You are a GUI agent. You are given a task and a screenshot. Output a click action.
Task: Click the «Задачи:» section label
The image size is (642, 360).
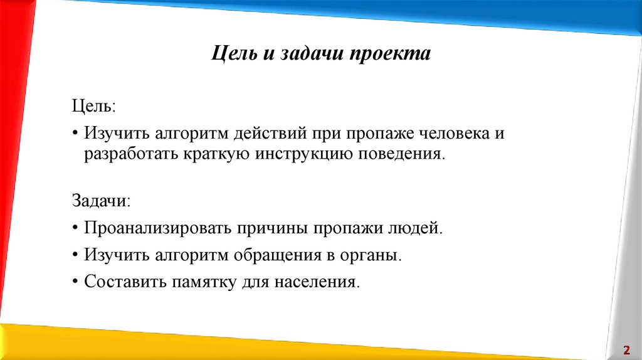pos(101,201)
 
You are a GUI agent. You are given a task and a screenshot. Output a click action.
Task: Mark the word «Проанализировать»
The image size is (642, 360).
pos(157,228)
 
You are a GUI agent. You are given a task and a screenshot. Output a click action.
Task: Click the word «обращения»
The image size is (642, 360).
pos(280,256)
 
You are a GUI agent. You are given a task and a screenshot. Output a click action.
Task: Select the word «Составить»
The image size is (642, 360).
pos(122,282)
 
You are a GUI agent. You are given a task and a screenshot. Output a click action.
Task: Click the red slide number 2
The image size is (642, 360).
pos(626,349)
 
